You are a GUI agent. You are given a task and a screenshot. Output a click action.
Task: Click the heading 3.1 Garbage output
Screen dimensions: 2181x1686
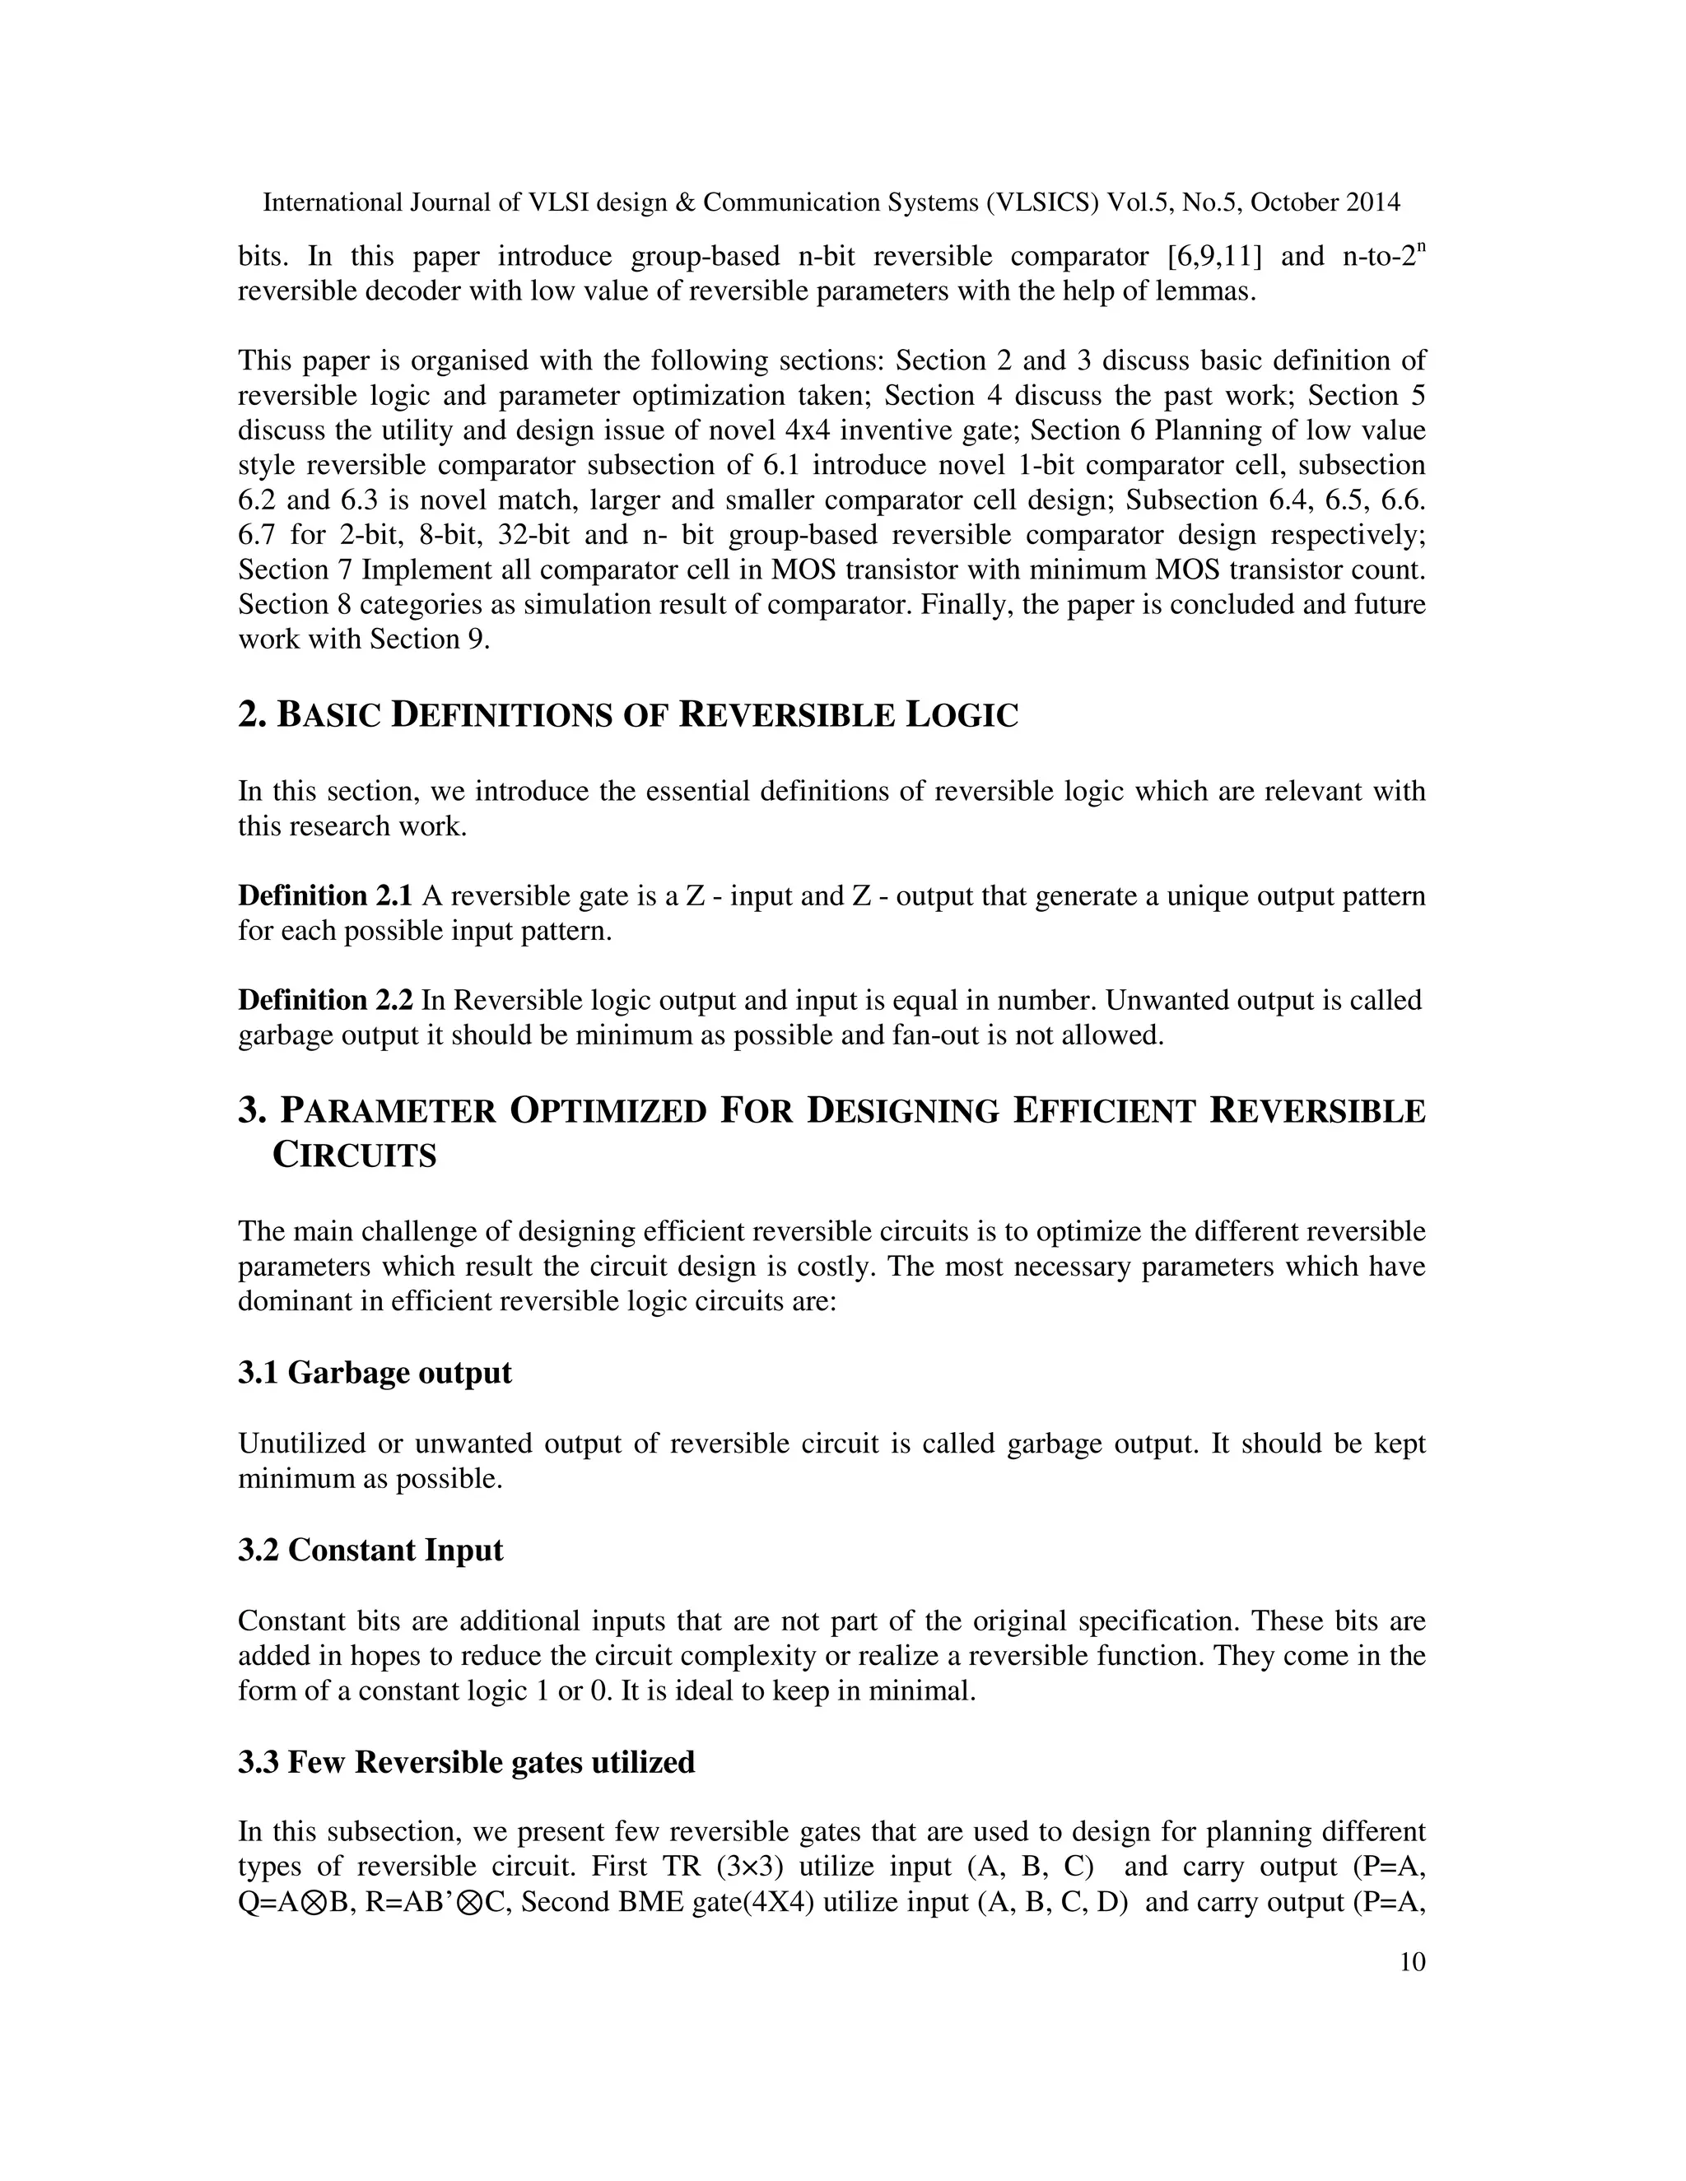pyautogui.click(x=375, y=1373)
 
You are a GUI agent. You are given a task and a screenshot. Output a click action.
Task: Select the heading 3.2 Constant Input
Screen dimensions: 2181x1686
pyautogui.click(x=370, y=1550)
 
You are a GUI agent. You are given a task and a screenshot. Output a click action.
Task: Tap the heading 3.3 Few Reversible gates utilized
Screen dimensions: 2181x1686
pyautogui.click(x=467, y=1761)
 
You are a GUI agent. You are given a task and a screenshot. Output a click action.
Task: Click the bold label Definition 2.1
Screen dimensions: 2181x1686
pyautogui.click(x=324, y=895)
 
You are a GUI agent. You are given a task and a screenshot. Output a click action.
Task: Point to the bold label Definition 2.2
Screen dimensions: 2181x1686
pyautogui.click(x=324, y=1000)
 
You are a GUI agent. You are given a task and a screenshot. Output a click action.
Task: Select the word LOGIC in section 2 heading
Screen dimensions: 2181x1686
pyautogui.click(x=961, y=715)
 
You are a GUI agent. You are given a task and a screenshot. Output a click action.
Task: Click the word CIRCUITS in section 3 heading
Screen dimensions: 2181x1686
pyautogui.click(x=355, y=1156)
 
